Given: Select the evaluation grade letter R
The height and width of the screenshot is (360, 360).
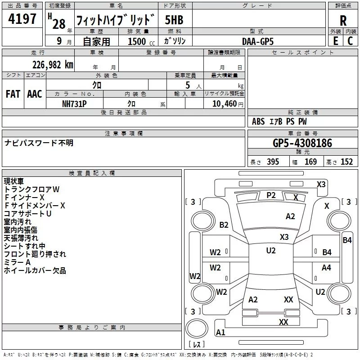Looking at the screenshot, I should point(343,21).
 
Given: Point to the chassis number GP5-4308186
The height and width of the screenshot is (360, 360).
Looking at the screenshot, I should point(302,143).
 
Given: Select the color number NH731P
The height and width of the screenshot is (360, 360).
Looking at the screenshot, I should point(74,103).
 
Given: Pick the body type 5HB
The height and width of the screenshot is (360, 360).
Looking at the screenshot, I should point(174,20).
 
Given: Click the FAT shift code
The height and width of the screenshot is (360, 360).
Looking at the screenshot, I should point(13,94).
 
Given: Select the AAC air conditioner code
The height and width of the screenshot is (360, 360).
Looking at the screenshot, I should point(35,94).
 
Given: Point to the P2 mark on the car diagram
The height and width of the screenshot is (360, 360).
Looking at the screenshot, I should point(271,195).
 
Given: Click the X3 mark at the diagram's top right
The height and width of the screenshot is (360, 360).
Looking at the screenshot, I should point(321,184).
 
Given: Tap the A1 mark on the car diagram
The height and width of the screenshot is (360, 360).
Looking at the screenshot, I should point(220,333).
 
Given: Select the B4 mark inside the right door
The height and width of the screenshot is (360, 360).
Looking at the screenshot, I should point(327,252).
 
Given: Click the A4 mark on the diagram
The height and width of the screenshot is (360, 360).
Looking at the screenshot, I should point(326,268).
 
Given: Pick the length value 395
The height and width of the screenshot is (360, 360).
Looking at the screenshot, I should point(272,162).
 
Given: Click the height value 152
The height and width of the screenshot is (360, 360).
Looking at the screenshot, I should point(346,162).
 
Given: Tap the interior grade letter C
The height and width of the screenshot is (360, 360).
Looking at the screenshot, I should point(350,41).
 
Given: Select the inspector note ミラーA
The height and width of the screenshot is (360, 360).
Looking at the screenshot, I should point(17,262).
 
